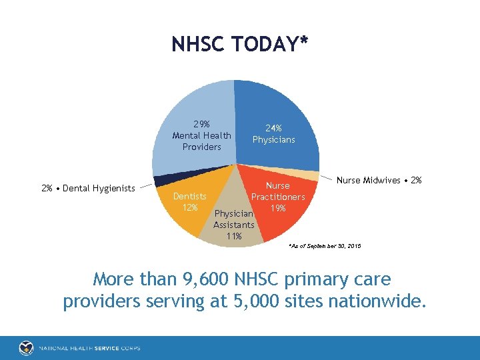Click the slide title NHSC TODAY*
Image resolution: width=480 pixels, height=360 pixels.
tap(240, 44)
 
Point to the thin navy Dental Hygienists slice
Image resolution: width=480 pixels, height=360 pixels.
tap(160, 181)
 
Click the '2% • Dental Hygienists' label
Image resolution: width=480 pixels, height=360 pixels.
tap(88, 188)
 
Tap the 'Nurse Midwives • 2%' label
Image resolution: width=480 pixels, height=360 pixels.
tap(379, 180)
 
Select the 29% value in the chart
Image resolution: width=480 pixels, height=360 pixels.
tap(201, 124)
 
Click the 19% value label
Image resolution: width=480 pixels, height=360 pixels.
tap(277, 208)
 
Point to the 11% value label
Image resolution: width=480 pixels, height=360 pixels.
tap(233, 236)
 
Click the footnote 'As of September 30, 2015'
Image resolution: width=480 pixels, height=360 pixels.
tap(325, 247)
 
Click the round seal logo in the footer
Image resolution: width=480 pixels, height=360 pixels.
tap(27, 347)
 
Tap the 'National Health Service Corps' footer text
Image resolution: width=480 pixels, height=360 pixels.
tap(89, 348)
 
